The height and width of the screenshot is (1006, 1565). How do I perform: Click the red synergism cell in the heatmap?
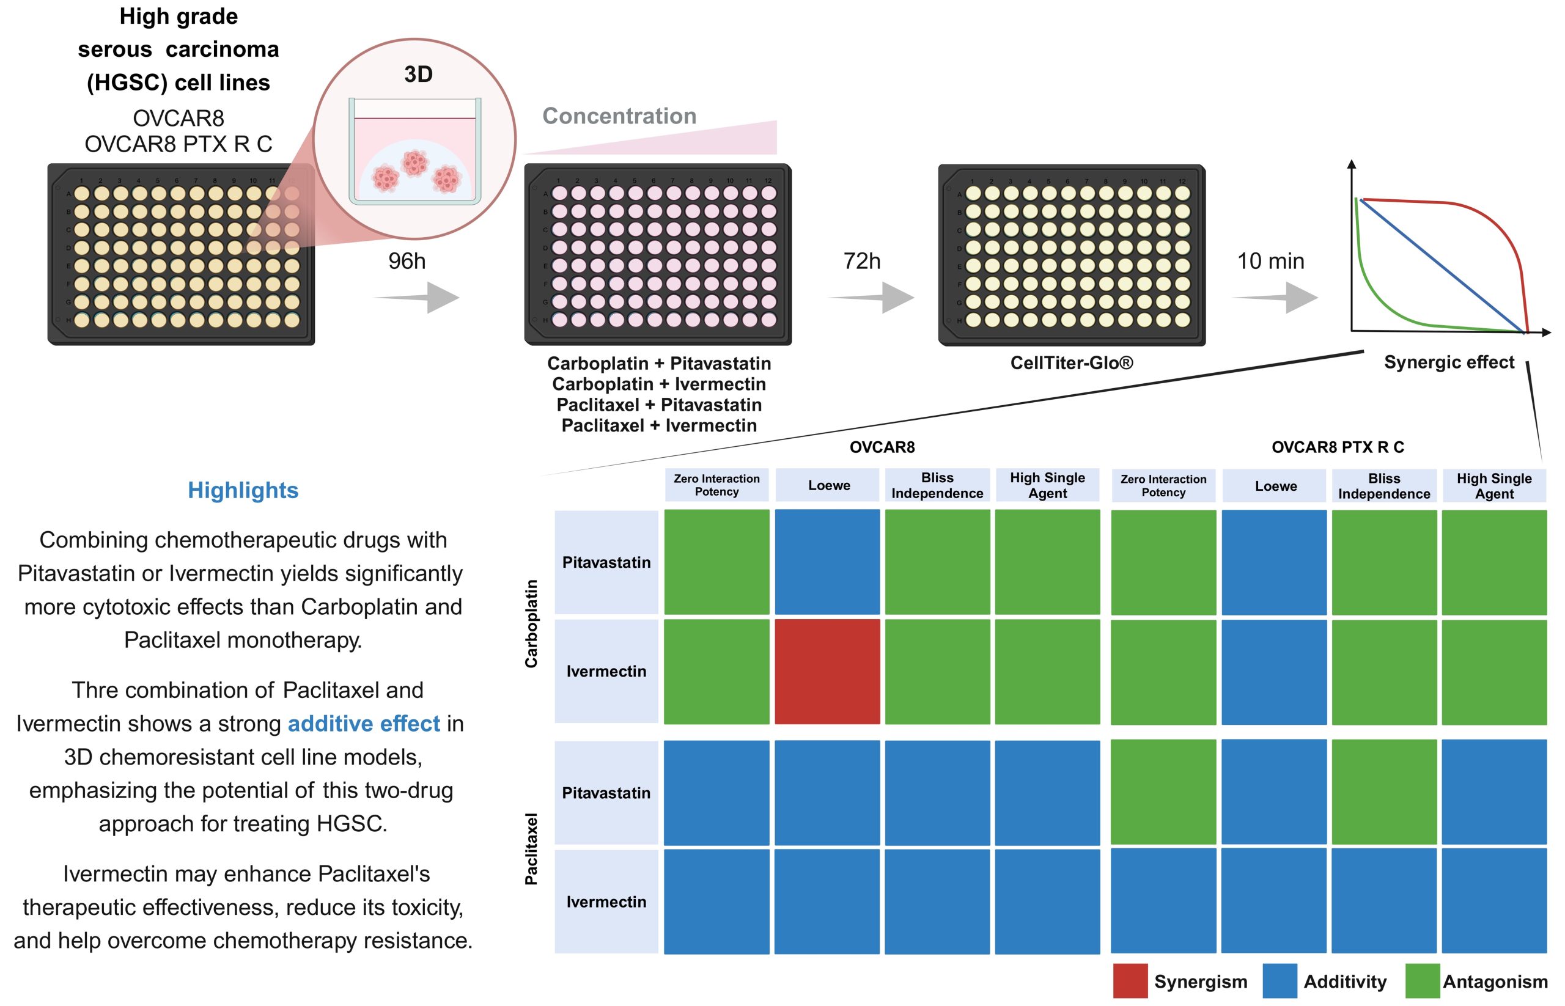click(x=827, y=672)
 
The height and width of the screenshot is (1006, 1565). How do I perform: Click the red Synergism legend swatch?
click(x=1130, y=981)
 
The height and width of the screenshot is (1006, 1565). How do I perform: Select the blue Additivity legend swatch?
click(x=1280, y=981)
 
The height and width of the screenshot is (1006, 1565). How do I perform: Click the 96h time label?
click(x=407, y=262)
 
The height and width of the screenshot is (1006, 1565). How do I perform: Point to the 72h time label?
click(x=862, y=262)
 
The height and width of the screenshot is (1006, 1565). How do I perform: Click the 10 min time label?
click(x=1270, y=262)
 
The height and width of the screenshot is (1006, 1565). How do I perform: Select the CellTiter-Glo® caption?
click(x=1072, y=362)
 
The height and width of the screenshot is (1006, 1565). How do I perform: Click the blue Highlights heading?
click(x=243, y=491)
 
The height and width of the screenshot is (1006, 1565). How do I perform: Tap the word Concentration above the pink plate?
click(x=619, y=116)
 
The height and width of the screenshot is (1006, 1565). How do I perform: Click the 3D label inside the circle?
click(x=418, y=74)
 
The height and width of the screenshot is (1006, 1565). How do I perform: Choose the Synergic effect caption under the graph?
click(x=1449, y=362)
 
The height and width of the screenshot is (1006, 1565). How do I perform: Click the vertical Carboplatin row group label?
click(x=531, y=623)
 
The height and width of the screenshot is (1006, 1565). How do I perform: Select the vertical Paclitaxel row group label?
click(x=531, y=848)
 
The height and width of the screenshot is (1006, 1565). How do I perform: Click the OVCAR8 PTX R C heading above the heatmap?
click(x=1338, y=447)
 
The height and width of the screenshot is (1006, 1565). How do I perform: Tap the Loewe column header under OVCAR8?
click(x=829, y=485)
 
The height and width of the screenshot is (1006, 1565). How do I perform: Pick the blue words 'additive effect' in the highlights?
click(x=364, y=724)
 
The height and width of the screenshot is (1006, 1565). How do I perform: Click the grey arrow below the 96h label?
click(x=416, y=297)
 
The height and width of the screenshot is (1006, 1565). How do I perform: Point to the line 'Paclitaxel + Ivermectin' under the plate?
click(x=658, y=425)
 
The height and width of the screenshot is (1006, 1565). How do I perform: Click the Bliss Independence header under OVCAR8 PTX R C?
click(x=1384, y=486)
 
